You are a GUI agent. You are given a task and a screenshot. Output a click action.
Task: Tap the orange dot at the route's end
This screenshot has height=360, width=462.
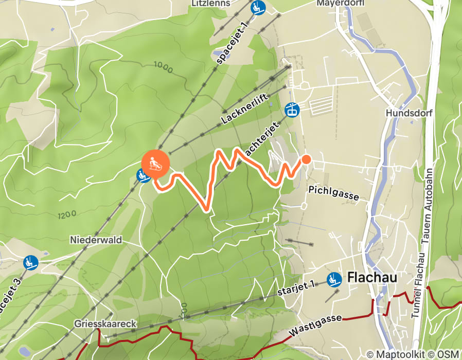click(x=306, y=159)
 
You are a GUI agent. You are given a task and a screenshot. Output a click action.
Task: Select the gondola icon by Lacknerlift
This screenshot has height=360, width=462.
click(x=292, y=110)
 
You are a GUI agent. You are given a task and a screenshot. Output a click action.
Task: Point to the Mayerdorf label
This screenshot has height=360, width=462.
click(x=340, y=3)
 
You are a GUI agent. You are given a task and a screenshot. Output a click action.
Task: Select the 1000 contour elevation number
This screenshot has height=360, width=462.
click(x=163, y=66)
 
